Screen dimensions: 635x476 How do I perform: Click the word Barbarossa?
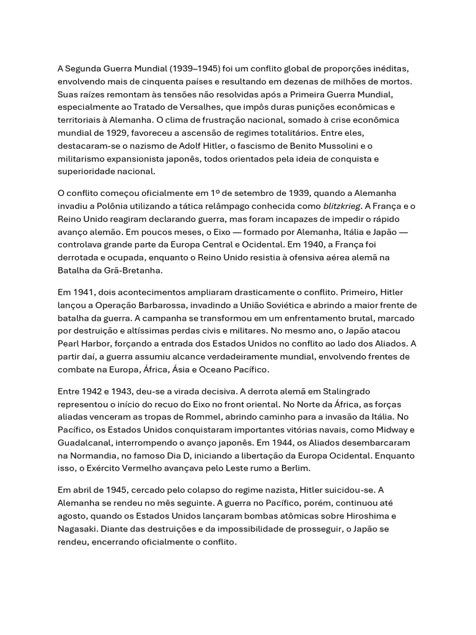(170, 304)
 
